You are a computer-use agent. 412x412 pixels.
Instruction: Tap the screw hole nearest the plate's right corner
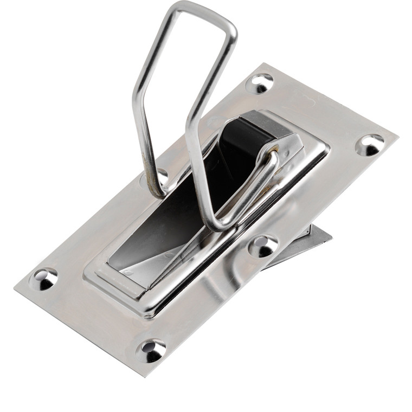[370, 145]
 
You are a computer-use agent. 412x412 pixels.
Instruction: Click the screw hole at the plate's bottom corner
[151, 350]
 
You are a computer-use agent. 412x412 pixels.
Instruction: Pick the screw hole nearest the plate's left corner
[43, 279]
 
